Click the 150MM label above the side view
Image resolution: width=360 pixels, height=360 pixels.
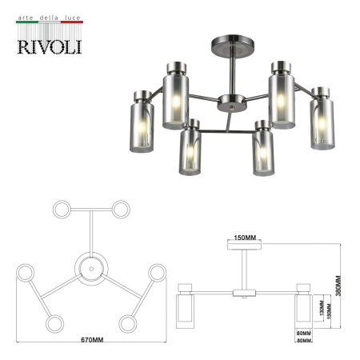(246, 238)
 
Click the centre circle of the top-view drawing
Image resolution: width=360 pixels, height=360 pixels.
(91, 270)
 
